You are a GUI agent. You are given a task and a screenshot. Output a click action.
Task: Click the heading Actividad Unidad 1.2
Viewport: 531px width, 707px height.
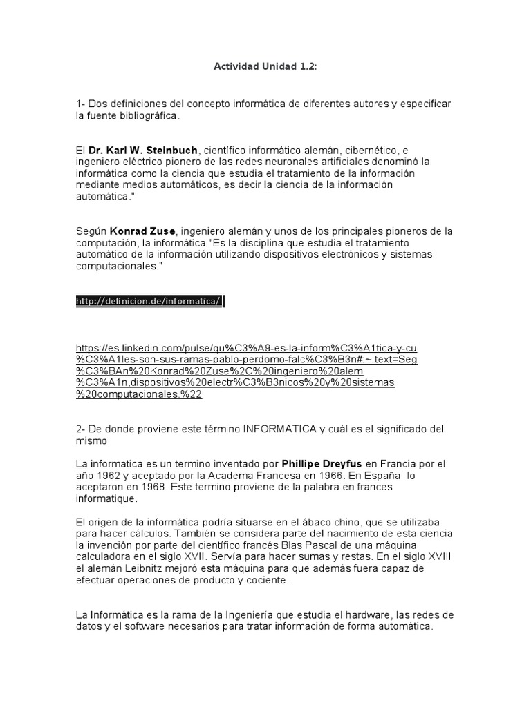(x=265, y=66)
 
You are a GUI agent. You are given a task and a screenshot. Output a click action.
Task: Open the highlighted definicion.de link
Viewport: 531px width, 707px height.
(x=149, y=301)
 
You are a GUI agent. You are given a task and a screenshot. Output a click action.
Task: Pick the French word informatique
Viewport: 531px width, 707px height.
(x=107, y=498)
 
